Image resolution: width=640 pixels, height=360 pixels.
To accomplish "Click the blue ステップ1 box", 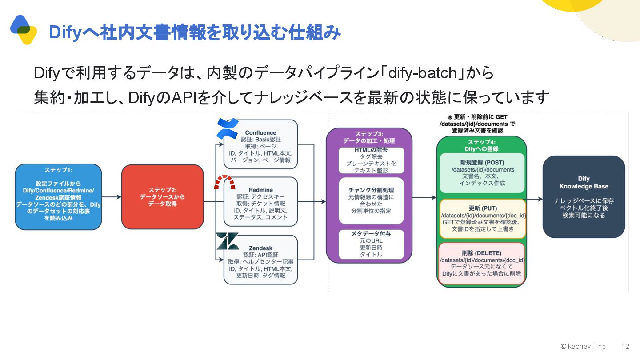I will [58, 197].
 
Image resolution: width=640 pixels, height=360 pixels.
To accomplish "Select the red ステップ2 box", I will [162, 197].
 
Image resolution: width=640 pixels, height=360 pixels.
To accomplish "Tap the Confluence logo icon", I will [228, 128].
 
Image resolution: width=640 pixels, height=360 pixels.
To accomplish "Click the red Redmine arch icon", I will [224, 182].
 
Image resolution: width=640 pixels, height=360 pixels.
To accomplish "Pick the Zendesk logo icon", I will [227, 241].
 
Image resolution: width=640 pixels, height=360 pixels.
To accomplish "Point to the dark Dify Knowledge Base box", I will [584, 197].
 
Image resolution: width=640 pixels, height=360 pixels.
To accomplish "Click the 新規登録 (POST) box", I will [482, 173].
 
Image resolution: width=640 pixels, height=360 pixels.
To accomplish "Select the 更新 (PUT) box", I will [482, 219].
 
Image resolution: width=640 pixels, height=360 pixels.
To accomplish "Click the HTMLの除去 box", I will [371, 160].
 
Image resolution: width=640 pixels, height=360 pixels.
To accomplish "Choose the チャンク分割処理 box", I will [371, 200].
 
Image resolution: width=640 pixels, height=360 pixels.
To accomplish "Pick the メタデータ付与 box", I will [371, 244].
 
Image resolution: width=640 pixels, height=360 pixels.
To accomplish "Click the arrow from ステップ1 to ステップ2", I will [112, 197].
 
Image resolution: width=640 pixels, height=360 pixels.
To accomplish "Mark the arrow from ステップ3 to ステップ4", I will [424, 198].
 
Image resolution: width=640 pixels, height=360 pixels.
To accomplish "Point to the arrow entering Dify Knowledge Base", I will [535, 200].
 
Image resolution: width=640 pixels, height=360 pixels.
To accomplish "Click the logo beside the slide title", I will [24, 29].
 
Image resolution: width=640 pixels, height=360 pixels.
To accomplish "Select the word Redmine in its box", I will [260, 190].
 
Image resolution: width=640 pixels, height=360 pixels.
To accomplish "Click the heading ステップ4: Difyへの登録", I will [482, 145].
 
